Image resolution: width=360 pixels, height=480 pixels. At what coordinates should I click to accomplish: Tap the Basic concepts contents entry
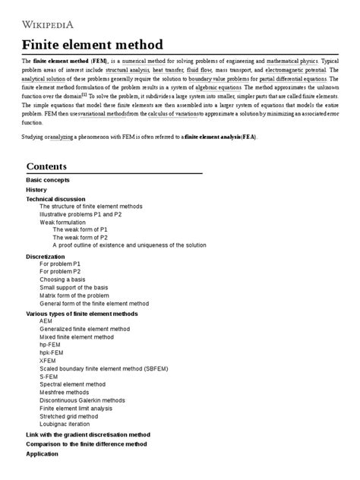pyautogui.click(x=48, y=180)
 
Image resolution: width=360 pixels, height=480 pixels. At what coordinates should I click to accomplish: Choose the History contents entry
pyautogui.click(x=36, y=189)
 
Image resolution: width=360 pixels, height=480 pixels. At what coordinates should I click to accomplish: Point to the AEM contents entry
pyautogui.click(x=46, y=321)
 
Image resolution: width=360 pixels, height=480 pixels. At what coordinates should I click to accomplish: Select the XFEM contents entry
pyautogui.click(x=48, y=361)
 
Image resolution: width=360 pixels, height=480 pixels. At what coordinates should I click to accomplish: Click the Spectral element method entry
pyautogui.click(x=73, y=384)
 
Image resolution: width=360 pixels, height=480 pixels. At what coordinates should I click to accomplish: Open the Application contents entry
pyautogui.click(x=42, y=453)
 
